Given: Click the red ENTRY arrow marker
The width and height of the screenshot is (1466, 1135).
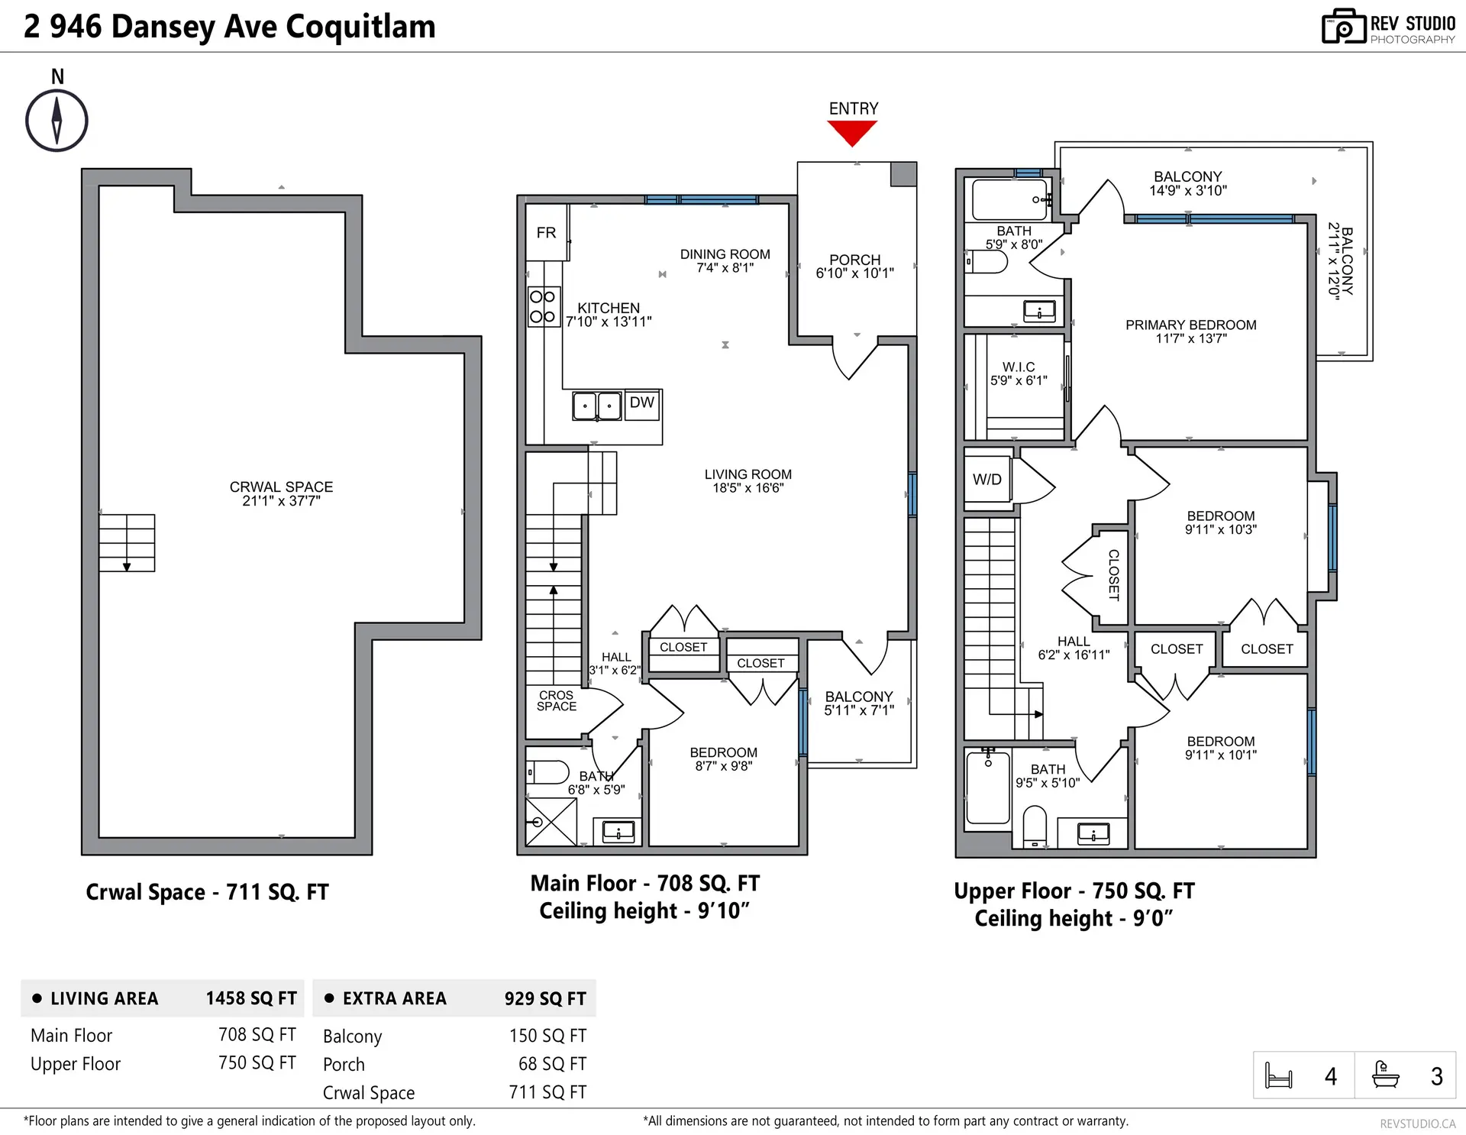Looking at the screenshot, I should tap(852, 133).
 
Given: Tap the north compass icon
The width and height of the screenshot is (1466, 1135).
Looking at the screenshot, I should tap(57, 120).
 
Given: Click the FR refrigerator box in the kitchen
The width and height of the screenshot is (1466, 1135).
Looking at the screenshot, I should tap(546, 233).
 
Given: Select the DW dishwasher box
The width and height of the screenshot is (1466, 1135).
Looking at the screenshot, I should tap(642, 403).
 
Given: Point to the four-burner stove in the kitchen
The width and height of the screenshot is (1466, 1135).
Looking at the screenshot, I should tap(543, 306).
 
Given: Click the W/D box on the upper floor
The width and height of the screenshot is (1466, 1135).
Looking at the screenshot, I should tap(987, 480).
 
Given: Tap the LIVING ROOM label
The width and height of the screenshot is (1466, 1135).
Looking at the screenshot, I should tap(748, 474).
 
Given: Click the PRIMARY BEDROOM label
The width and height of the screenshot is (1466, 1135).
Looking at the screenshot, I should tap(1190, 325).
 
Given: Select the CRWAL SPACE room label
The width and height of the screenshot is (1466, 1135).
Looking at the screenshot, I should tap(281, 487).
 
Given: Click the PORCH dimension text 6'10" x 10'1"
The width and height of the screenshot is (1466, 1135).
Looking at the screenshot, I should tap(854, 273).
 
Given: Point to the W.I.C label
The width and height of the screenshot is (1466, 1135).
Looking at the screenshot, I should tap(1019, 367).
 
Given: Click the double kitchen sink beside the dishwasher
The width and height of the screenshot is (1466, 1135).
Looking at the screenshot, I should tap(597, 406).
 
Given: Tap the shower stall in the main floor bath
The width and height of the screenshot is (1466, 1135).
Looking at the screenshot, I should tap(551, 821).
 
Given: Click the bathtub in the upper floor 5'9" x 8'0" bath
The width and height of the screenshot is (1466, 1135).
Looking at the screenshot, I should tap(1009, 199).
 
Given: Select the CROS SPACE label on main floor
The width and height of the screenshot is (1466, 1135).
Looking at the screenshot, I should tap(556, 700).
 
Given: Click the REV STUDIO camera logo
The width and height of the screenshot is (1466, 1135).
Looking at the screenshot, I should tap(1343, 27).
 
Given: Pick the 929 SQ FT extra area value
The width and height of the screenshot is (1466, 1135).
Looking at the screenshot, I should tap(545, 998).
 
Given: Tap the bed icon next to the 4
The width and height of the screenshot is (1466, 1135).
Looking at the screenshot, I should tap(1278, 1075).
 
